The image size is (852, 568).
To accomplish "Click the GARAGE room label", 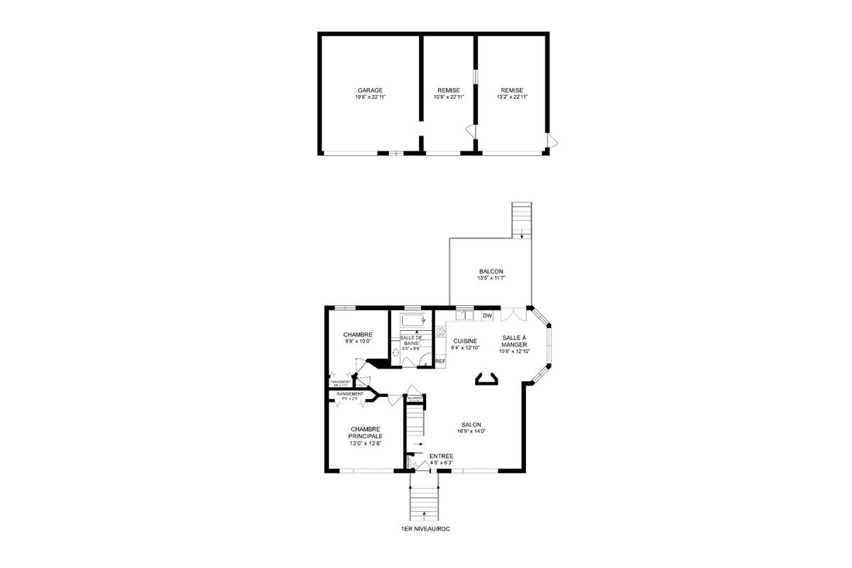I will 370,90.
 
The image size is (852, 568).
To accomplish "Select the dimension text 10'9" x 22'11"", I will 448,97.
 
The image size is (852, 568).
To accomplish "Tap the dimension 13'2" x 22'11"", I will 511,97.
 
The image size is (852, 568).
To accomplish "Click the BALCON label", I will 491,271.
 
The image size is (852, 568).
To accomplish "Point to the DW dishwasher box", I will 487,315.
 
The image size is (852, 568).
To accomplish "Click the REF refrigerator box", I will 440,361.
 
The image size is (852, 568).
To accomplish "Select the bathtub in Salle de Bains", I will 412,319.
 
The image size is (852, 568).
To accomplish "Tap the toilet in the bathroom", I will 397,351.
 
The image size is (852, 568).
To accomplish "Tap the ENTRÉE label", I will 441,456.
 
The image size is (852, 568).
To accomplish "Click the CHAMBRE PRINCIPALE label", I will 365,432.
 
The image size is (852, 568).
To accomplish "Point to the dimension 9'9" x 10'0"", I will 358,342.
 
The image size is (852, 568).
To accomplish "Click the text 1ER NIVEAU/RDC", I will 425,530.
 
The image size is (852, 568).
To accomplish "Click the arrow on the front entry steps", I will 425,512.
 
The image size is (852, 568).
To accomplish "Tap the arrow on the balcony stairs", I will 522,232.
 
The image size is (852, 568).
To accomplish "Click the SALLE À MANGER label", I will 515,341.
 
